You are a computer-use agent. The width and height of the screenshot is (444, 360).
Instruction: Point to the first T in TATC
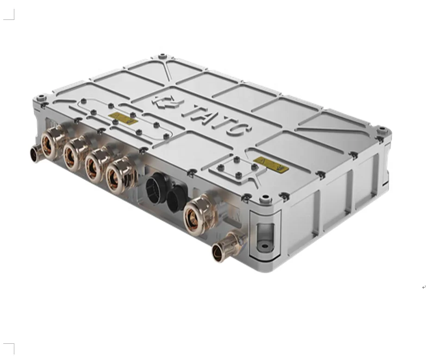[194, 111]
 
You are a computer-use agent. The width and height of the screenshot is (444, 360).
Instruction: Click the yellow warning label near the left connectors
[123, 119]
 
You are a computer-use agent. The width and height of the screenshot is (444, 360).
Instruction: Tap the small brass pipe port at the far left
[36, 153]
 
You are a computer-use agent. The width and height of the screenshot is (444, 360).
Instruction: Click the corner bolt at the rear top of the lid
[162, 57]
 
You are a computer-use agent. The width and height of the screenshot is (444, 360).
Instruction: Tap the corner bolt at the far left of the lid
[41, 98]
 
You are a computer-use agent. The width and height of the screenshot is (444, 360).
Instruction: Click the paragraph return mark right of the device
[424, 287]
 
